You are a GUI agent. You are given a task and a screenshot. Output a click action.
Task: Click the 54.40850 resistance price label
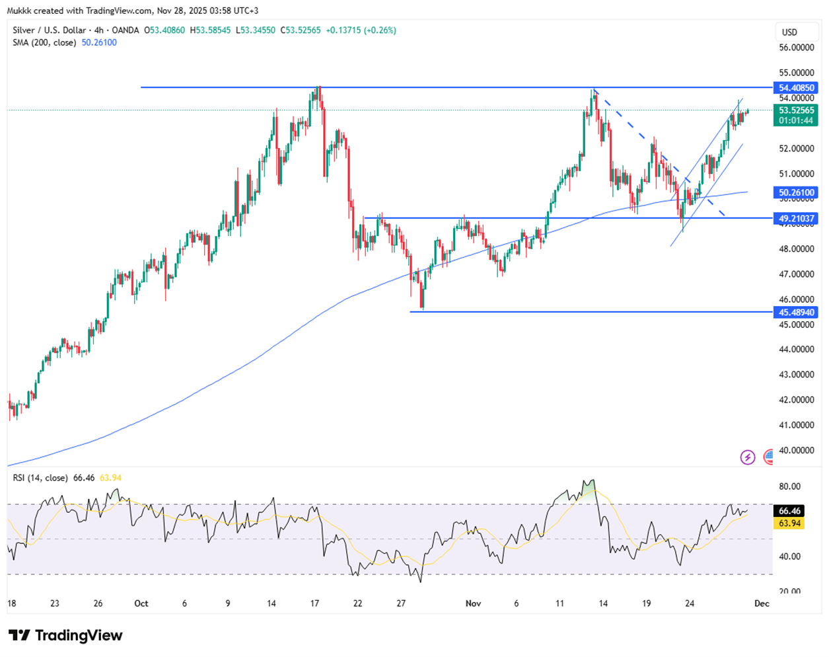click(x=795, y=88)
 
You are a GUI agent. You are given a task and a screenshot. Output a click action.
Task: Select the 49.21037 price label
click(x=795, y=218)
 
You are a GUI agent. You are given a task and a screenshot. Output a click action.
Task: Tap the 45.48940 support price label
click(x=795, y=312)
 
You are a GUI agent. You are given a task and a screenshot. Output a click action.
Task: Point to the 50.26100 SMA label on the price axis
click(x=795, y=193)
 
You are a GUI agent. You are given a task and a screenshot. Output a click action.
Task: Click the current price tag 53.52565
click(x=795, y=110)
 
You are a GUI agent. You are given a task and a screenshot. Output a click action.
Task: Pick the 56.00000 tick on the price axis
click(x=795, y=48)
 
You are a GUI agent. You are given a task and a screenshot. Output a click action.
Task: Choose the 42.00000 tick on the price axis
click(x=795, y=400)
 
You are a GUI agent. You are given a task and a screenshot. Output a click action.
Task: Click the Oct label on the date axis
click(x=141, y=603)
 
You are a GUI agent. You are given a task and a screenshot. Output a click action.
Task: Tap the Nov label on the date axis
click(x=473, y=603)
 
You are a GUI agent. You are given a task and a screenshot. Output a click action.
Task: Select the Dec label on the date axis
click(x=762, y=603)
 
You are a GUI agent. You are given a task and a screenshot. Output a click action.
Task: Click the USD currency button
click(x=789, y=32)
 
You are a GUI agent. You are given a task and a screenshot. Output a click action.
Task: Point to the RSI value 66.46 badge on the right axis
click(x=790, y=511)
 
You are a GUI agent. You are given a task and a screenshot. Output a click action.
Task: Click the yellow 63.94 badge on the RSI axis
click(x=790, y=523)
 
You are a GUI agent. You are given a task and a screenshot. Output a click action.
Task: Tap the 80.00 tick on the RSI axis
click(x=789, y=486)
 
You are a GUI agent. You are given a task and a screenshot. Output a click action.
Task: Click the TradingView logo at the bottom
click(x=66, y=636)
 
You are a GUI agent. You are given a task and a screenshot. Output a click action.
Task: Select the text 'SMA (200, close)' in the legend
click(x=45, y=42)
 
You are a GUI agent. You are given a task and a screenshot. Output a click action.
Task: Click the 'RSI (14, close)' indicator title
click(x=40, y=478)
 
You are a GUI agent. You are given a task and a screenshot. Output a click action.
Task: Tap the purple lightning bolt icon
click(x=748, y=457)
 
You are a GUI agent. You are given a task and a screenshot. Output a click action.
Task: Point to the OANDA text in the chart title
click(x=126, y=30)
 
